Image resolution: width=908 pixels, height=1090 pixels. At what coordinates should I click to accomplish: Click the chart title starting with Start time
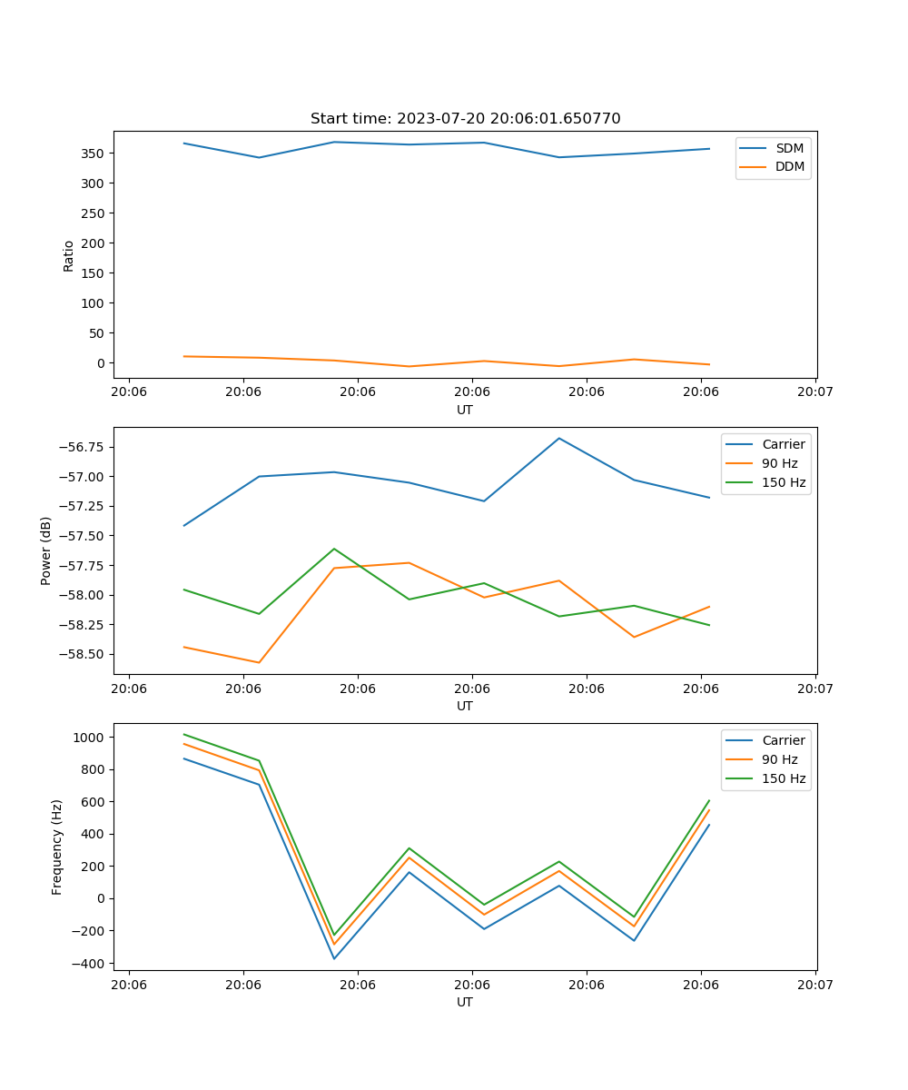tap(465, 119)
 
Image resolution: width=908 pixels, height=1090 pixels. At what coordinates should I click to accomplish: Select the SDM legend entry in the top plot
tap(789, 148)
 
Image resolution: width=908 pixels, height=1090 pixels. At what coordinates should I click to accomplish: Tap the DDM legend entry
tap(789, 166)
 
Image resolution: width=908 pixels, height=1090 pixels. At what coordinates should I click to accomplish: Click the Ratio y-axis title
tap(69, 255)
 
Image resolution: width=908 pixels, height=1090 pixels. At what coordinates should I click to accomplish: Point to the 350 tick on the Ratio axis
tap(94, 154)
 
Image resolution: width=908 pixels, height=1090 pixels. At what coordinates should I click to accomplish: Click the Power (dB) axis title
tap(46, 550)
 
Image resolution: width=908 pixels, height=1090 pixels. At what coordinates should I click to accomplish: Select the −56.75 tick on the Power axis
tap(81, 447)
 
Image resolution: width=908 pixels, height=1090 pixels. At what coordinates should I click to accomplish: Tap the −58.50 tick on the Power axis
tap(81, 654)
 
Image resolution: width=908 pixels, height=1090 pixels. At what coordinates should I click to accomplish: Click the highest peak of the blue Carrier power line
tap(559, 439)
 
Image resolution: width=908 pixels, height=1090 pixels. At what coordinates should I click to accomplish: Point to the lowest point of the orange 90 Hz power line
tap(260, 662)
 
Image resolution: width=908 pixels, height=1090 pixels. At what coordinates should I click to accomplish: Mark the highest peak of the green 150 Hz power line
tap(334, 549)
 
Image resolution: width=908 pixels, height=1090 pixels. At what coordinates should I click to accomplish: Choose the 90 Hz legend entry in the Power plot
tap(779, 463)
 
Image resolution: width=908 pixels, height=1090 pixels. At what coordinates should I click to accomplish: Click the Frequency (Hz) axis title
tap(57, 847)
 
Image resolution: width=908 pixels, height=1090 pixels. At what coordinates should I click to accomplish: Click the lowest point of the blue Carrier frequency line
tap(334, 958)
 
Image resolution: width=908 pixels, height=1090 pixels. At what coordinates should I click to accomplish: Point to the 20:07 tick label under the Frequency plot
tap(815, 985)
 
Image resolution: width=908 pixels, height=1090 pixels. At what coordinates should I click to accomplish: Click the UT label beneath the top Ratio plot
tap(465, 410)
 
